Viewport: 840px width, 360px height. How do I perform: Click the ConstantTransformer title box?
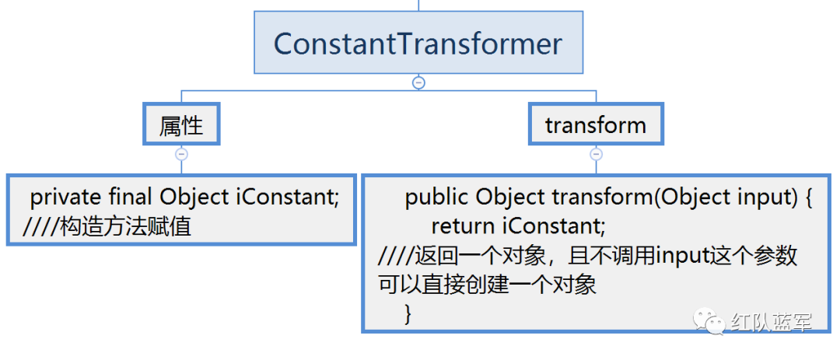tap(418, 43)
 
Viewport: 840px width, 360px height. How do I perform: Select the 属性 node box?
tap(181, 125)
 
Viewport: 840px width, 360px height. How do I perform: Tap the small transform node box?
tap(596, 125)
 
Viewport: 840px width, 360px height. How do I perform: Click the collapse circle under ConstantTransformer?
tap(418, 82)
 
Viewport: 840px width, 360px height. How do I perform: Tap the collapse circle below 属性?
tap(181, 154)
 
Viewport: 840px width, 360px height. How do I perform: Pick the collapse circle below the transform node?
tap(596, 154)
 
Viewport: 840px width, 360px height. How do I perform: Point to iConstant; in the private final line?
tap(288, 197)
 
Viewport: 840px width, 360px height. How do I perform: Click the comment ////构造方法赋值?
tap(107, 227)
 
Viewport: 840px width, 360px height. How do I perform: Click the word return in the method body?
tap(462, 227)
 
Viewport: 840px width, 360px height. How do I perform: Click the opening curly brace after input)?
tap(806, 198)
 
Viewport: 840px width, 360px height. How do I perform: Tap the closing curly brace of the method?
tap(408, 313)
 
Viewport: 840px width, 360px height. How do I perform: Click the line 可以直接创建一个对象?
tap(488, 285)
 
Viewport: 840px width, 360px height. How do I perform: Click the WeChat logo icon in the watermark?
tap(710, 321)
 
